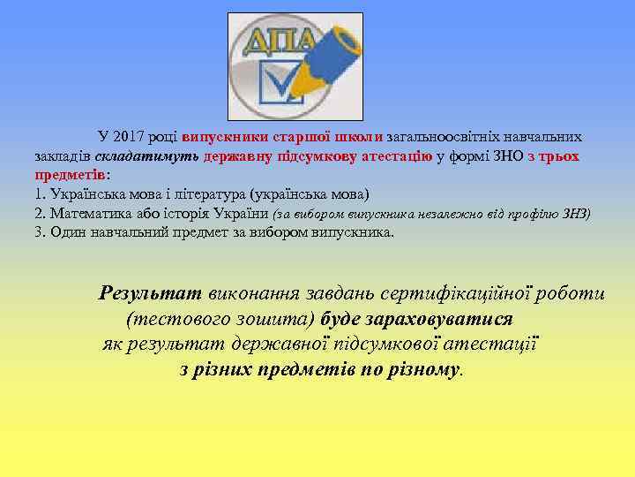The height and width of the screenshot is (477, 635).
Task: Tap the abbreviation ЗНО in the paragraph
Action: pyautogui.click(x=505, y=156)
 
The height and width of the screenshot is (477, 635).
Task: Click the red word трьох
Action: pyautogui.click(x=560, y=156)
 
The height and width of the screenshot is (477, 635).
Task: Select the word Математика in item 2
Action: pyautogui.click(x=89, y=214)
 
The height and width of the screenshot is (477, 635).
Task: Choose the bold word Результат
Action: pyautogui.click(x=151, y=292)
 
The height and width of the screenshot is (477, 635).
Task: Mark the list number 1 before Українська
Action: pyautogui.click(x=39, y=194)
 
